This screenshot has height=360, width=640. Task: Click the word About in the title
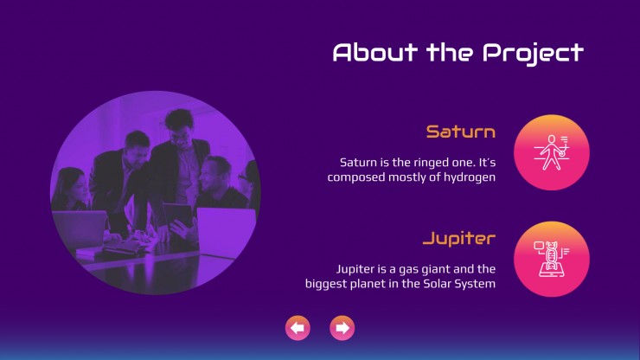(x=375, y=52)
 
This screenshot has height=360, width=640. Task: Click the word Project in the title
(x=533, y=54)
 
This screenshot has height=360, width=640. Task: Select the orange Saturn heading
(x=461, y=132)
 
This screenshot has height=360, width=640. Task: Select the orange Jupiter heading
(x=459, y=239)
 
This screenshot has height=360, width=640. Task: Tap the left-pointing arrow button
(x=298, y=328)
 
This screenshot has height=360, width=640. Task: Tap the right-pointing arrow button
(x=342, y=328)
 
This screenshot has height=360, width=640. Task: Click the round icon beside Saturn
(x=552, y=152)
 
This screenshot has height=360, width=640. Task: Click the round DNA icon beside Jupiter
(x=552, y=259)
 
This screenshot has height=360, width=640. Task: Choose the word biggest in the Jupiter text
(x=324, y=285)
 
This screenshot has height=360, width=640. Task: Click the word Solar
(x=437, y=284)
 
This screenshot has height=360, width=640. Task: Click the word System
(x=475, y=285)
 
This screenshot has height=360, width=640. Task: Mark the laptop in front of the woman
(x=80, y=229)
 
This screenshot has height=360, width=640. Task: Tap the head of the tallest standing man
(x=180, y=125)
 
